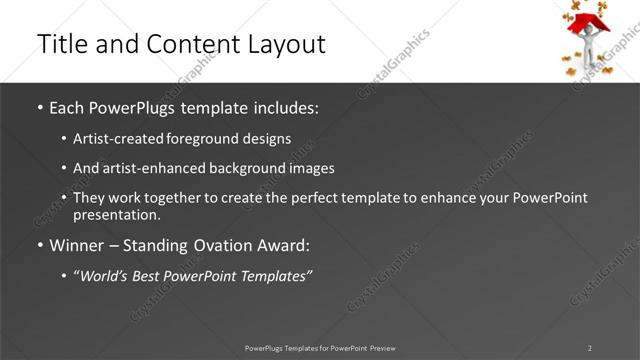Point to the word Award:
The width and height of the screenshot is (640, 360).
tap(286, 246)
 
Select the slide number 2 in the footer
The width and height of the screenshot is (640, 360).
tap(589, 348)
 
